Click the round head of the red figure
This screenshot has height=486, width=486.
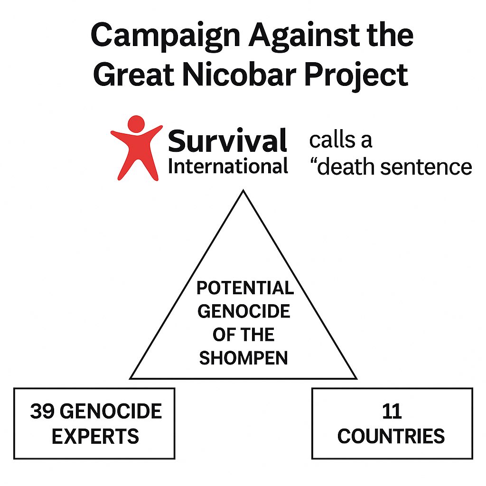tap(136, 124)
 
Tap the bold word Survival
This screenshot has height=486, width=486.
tap(228, 140)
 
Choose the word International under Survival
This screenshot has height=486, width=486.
tap(228, 166)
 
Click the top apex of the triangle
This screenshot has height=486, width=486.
tap(243, 191)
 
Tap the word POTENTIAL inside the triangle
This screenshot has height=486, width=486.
tap(245, 288)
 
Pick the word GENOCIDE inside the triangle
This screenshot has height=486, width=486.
tap(243, 311)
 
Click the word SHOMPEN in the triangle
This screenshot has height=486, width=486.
tap(243, 358)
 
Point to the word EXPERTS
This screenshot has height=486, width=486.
tap(95, 436)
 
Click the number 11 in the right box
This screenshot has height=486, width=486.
tap(392, 411)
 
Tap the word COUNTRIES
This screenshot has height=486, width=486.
tap(391, 436)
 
